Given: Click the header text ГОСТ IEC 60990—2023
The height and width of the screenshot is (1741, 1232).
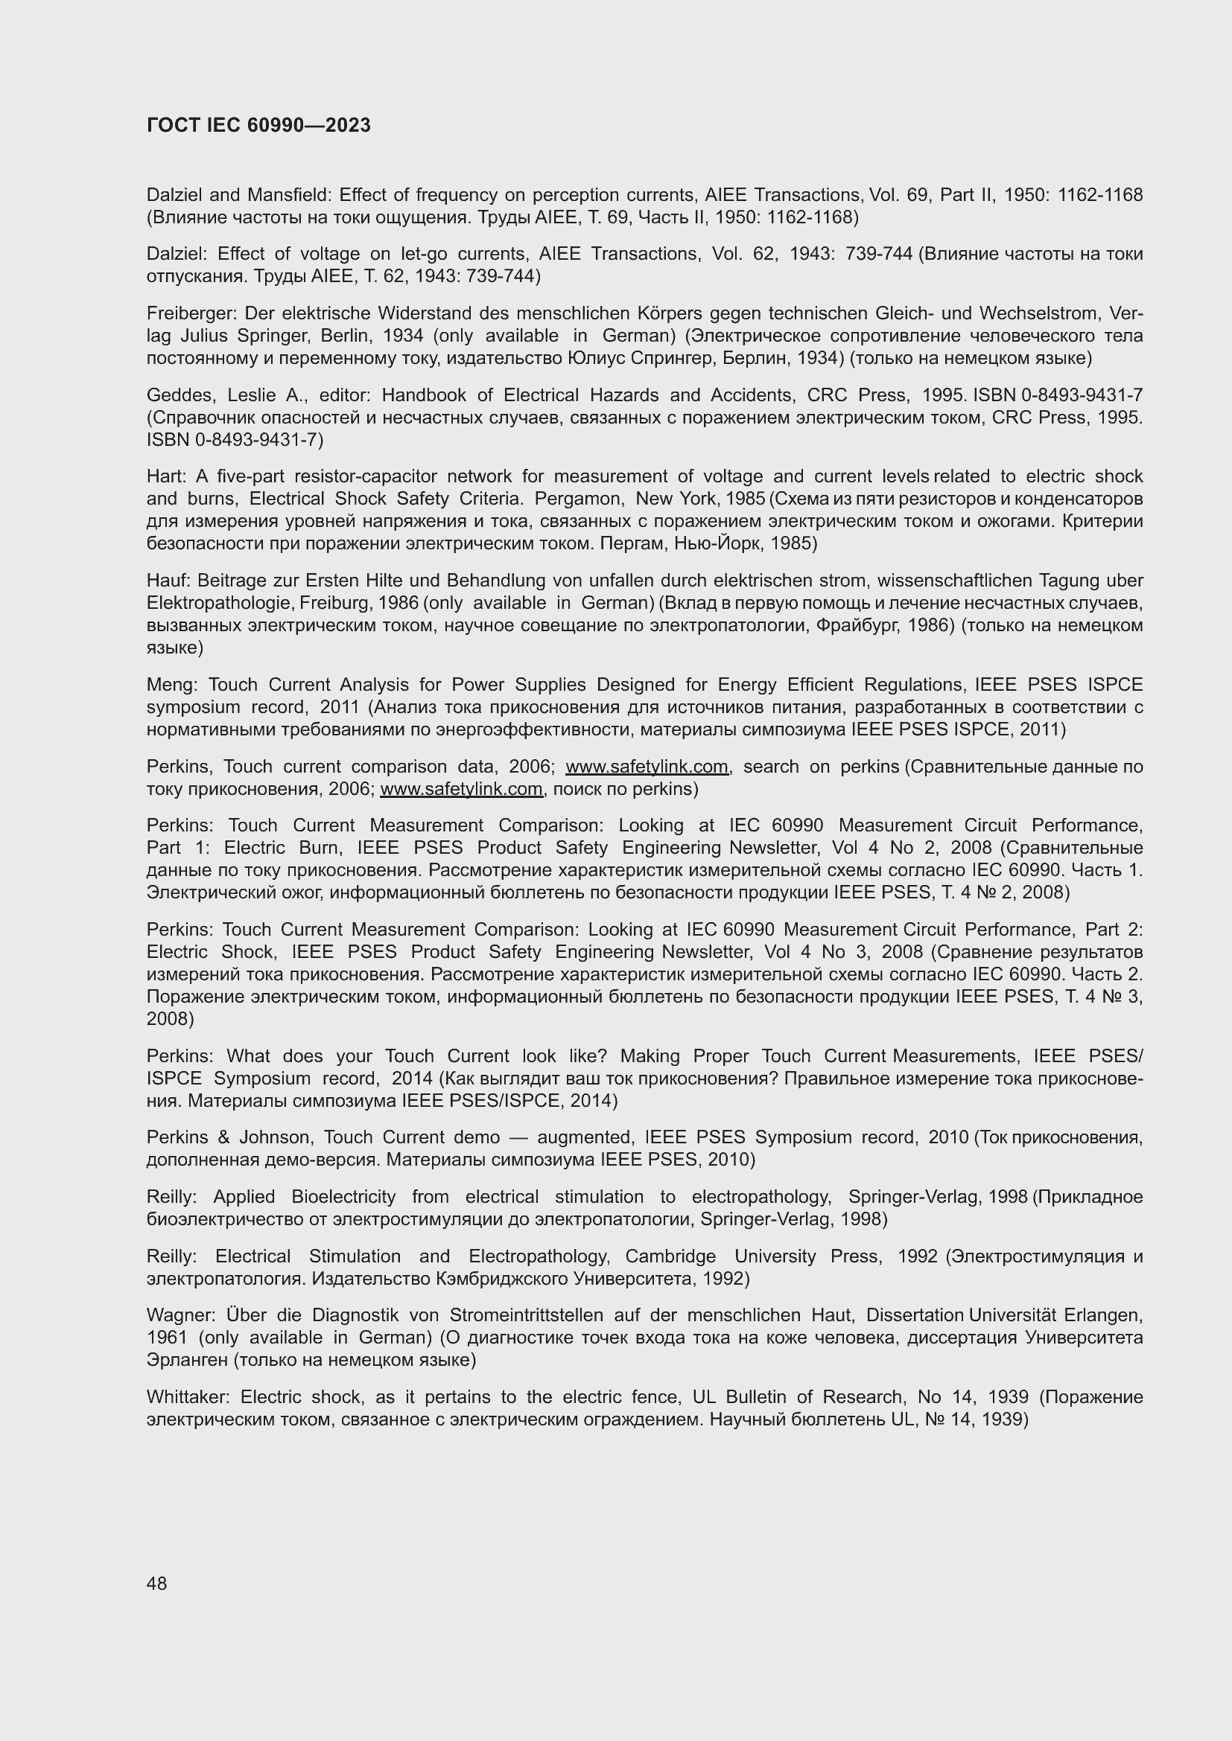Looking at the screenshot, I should (x=258, y=125).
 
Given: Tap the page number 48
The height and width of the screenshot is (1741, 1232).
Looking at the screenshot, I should (x=157, y=1583).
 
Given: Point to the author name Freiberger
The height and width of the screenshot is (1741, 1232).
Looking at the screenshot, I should (x=192, y=313).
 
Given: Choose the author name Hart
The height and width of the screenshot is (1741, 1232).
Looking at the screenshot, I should (x=165, y=476).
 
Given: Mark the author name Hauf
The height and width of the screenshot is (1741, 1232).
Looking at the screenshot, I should (x=166, y=581).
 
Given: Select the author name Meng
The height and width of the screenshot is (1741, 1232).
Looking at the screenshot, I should (x=171, y=685).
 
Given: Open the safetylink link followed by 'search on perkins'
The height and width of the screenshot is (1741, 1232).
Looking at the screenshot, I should (x=647, y=767).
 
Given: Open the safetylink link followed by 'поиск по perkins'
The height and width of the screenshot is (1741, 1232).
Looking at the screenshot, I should (x=461, y=788).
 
